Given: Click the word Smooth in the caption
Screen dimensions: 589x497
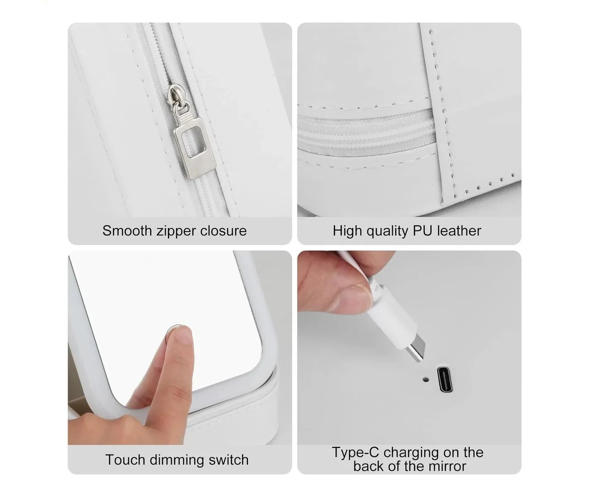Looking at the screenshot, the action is click(127, 231).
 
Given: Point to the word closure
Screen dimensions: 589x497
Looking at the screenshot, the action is click(223, 231).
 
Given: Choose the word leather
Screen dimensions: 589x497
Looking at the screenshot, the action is click(459, 231).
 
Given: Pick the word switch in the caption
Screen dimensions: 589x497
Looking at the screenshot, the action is click(229, 460).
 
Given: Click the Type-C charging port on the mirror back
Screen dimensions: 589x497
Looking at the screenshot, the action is click(445, 379).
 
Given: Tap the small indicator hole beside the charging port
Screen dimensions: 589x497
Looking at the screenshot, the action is click(426, 379).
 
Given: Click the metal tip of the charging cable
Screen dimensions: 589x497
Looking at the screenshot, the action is click(416, 350).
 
